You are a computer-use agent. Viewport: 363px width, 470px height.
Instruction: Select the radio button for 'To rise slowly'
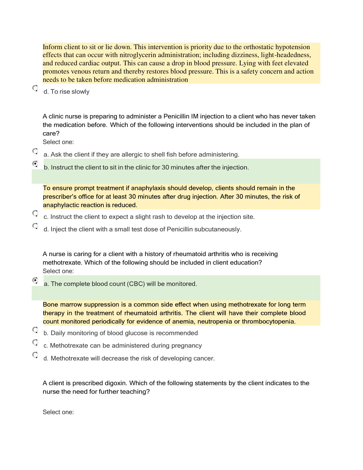point(35,89)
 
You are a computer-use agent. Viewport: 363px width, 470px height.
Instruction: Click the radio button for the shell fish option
point(35,151)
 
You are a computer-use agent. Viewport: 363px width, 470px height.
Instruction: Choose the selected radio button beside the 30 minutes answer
point(35,164)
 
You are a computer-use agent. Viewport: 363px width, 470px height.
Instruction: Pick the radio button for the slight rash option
point(35,213)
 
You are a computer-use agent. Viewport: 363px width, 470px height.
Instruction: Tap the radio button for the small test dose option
point(35,226)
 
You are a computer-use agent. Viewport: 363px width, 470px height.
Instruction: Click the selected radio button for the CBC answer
point(35,280)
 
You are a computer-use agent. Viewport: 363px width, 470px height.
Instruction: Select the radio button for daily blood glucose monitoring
point(35,330)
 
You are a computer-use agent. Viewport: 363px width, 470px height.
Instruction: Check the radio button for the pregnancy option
point(35,342)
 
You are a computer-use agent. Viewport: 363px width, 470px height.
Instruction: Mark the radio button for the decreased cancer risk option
point(35,355)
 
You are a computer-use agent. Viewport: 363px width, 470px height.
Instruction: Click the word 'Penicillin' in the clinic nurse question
point(177,116)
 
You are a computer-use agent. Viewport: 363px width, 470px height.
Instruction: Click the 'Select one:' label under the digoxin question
point(58,412)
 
